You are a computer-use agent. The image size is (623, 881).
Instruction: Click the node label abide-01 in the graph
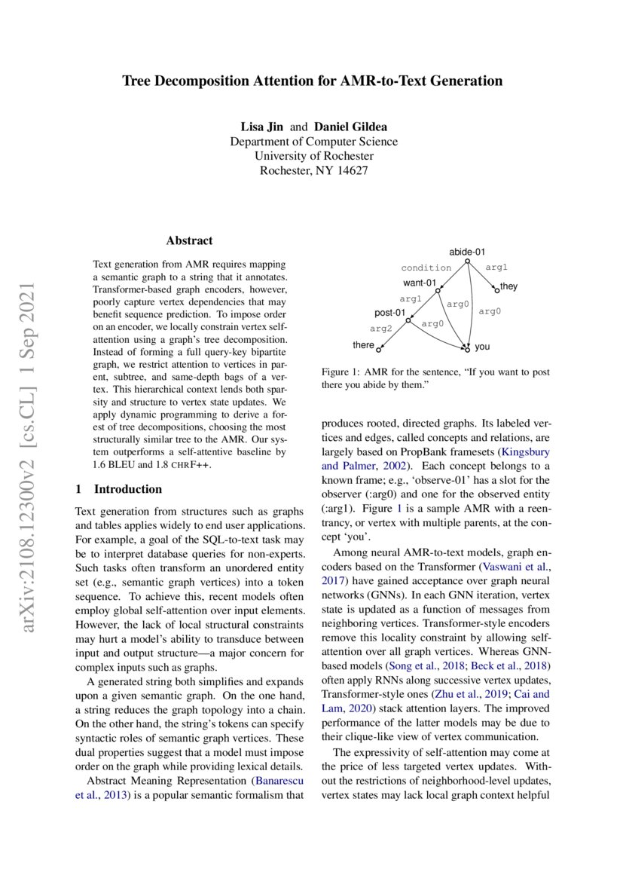click(x=466, y=251)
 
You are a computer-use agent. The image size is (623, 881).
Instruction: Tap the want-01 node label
click(x=420, y=283)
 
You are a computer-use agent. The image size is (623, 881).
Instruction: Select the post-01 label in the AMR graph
click(x=390, y=313)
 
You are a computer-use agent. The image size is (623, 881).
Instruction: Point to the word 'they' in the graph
click(x=508, y=287)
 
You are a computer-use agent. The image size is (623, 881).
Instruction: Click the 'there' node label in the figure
click(x=363, y=345)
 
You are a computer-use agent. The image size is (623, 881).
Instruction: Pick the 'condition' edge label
click(x=426, y=268)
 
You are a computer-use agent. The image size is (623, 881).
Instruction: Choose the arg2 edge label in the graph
click(x=381, y=329)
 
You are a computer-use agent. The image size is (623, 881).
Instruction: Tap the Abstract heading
click(x=189, y=240)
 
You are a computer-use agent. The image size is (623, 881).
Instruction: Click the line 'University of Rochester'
click(x=313, y=156)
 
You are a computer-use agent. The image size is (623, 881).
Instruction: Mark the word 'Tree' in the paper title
click(x=138, y=80)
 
